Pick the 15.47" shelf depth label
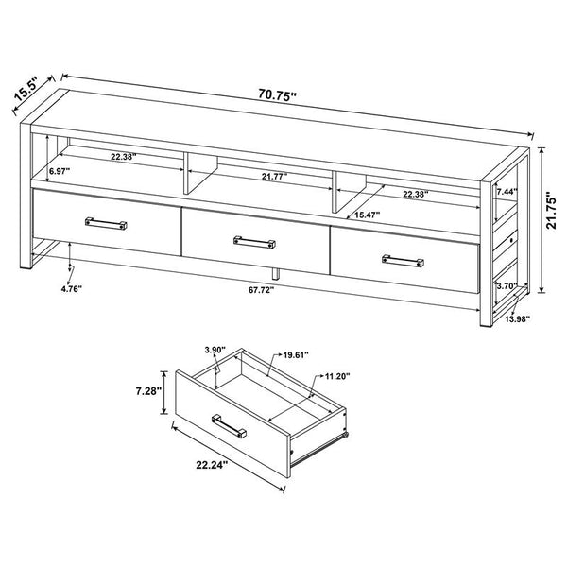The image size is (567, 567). pyautogui.click(x=369, y=215)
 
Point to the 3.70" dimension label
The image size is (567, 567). pyautogui.click(x=506, y=284)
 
